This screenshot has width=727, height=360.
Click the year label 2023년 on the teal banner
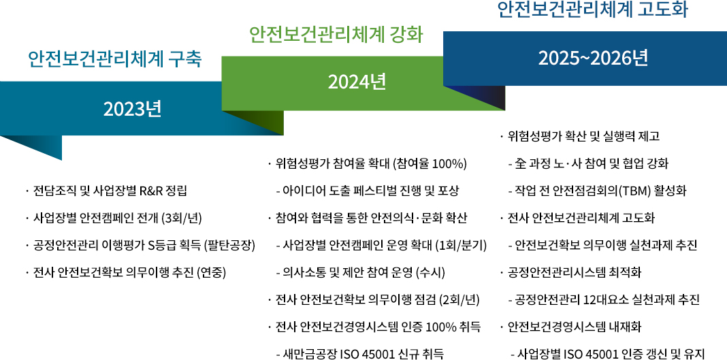pyautogui.click(x=133, y=110)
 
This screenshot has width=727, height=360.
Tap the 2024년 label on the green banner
pyautogui.click(x=357, y=82)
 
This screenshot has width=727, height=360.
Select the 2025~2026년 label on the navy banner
pyautogui.click(x=593, y=59)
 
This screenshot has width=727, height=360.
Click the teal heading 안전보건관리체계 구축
pyautogui.click(x=115, y=59)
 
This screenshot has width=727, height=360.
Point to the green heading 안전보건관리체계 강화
pyautogui.click(x=336, y=34)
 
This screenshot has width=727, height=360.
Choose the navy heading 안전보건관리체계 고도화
pyautogui.click(x=593, y=10)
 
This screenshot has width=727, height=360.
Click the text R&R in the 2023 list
pyautogui.click(x=149, y=191)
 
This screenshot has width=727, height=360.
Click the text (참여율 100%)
pyautogui.click(x=430, y=163)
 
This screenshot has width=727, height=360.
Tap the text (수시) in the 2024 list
pyautogui.click(x=431, y=273)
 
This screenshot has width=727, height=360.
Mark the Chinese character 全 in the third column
pyautogui.click(x=521, y=163)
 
